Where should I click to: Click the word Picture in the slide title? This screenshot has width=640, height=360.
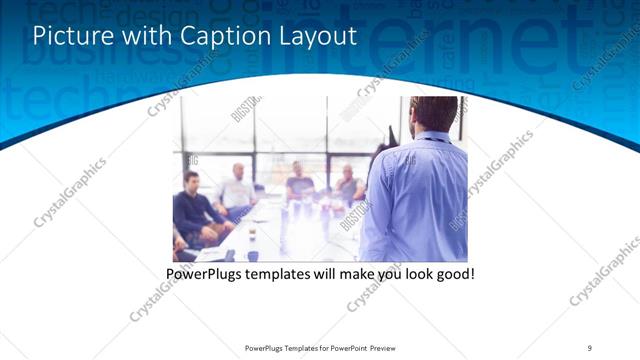pyautogui.click(x=65, y=36)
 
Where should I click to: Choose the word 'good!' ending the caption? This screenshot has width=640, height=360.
pyautogui.click(x=453, y=273)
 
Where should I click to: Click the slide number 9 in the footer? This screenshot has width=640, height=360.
pyautogui.click(x=589, y=347)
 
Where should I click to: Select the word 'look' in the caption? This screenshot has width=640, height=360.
pyautogui.click(x=411, y=273)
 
